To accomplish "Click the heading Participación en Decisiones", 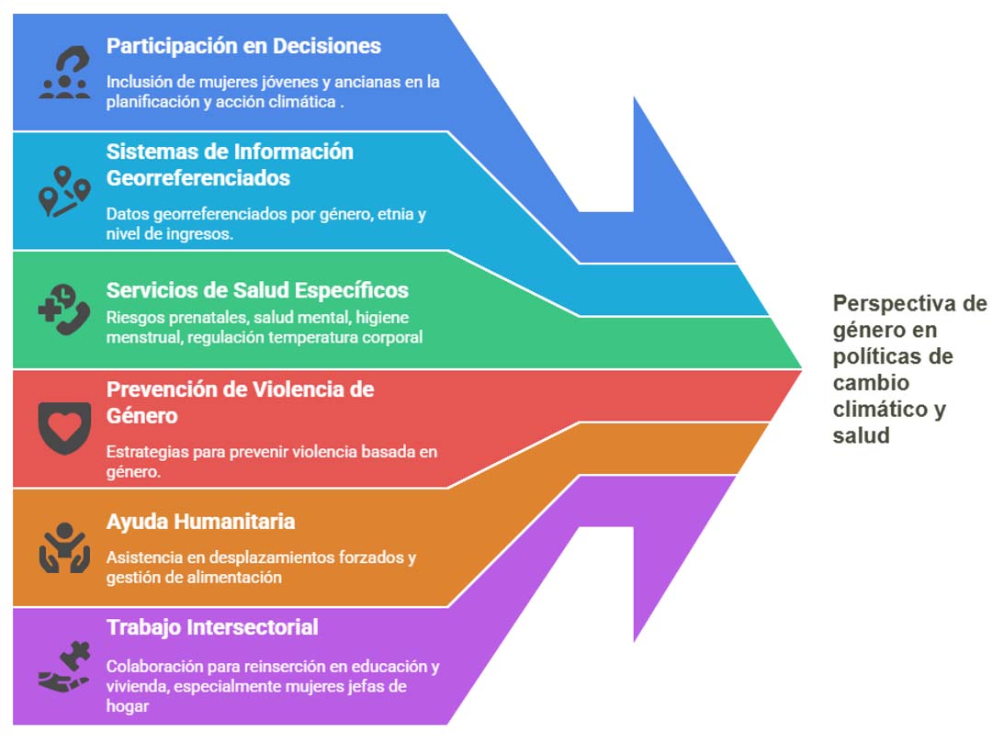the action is click(243, 46).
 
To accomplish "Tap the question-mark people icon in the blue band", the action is click(64, 72).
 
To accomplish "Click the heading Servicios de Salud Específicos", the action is click(257, 290).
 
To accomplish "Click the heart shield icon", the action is click(64, 428).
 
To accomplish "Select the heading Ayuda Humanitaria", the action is click(200, 522).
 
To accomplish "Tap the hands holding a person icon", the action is click(64, 547).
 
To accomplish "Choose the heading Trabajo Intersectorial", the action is click(212, 627).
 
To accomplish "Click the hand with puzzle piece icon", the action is click(64, 666).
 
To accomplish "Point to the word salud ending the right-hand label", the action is click(862, 435).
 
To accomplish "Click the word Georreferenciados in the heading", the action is click(198, 178).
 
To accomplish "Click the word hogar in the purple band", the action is click(128, 706).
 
